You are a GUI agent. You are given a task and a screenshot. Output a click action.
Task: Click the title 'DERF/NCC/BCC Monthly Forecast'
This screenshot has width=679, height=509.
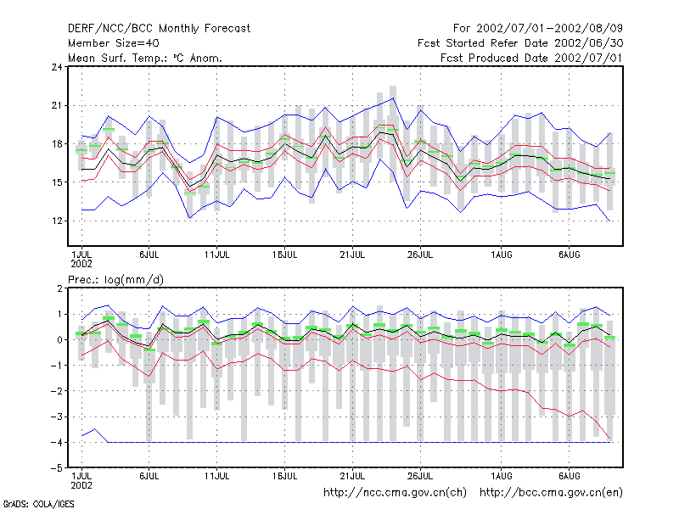(159, 29)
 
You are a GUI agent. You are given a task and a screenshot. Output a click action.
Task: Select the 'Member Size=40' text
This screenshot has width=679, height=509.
(114, 43)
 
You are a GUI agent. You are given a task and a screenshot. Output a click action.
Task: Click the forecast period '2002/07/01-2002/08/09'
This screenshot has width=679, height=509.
(549, 29)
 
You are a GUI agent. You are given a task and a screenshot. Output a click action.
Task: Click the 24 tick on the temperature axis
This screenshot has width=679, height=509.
(57, 67)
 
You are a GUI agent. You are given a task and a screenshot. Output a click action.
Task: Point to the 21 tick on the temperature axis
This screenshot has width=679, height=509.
(57, 105)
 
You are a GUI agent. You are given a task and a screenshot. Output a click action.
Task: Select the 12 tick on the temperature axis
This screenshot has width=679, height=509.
(57, 221)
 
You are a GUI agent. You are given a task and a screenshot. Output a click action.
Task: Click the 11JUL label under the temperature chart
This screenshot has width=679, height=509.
(217, 255)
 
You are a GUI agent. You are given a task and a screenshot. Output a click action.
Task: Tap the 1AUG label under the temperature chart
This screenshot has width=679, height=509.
(502, 255)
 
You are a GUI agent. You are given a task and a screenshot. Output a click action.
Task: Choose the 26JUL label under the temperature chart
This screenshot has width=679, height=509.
(420, 255)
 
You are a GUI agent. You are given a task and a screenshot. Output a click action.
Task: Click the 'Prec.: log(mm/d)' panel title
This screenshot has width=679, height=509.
(115, 280)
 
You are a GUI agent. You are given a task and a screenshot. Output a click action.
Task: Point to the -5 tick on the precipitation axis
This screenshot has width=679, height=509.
(57, 468)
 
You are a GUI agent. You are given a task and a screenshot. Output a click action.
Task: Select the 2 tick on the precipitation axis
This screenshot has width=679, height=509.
(59, 288)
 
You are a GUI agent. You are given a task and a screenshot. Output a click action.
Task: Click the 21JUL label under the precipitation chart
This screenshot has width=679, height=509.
(352, 476)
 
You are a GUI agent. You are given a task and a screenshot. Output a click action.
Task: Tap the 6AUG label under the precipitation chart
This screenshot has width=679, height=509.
(569, 476)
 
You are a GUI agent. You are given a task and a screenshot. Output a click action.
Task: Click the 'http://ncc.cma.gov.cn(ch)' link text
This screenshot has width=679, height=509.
(396, 493)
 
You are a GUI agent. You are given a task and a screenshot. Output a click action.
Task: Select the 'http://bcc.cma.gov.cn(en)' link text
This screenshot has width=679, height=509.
(551, 493)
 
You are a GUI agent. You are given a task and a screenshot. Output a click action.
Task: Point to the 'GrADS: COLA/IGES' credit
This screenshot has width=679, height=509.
(38, 504)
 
